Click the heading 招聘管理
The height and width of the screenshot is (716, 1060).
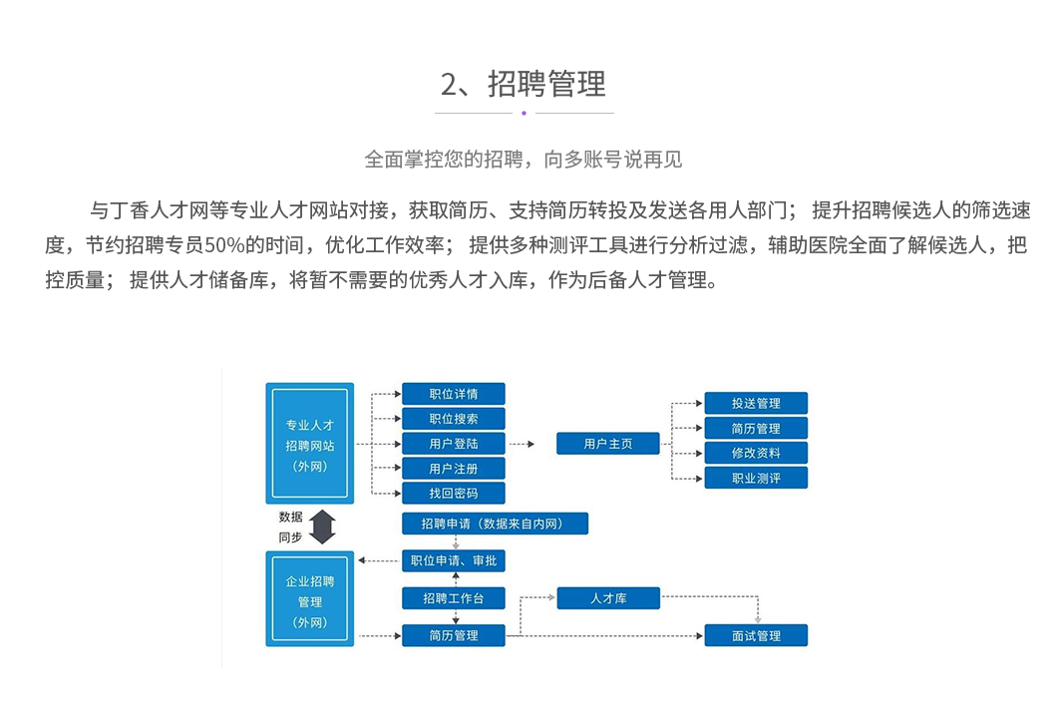(x=524, y=85)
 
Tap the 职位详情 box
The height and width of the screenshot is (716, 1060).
(x=454, y=394)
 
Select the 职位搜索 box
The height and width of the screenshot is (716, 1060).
(x=454, y=419)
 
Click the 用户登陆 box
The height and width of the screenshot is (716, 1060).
(x=454, y=444)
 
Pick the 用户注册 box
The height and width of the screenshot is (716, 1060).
(x=454, y=469)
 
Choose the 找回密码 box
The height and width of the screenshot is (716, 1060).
(x=454, y=494)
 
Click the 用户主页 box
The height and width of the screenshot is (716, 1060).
(x=608, y=444)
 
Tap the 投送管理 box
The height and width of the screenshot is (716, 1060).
(x=756, y=404)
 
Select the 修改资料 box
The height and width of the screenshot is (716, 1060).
(x=756, y=453)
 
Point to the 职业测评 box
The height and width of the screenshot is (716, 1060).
(x=756, y=479)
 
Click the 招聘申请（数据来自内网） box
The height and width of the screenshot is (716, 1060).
(x=496, y=524)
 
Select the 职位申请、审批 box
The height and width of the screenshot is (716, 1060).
(x=454, y=561)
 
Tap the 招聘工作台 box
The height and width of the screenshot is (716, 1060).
(x=454, y=598)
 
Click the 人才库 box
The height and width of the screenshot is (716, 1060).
(x=608, y=598)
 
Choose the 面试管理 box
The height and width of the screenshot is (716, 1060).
(x=756, y=635)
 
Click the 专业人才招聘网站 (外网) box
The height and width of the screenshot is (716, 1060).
(x=309, y=443)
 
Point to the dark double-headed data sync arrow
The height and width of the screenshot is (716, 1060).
(x=321, y=527)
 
